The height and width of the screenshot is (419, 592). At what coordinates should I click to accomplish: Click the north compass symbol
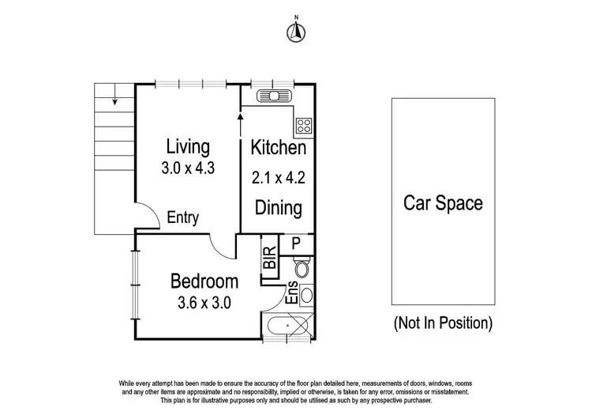[x=296, y=31]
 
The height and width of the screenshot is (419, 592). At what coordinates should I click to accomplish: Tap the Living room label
[x=188, y=147]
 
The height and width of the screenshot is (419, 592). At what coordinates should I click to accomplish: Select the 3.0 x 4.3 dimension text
[x=188, y=168]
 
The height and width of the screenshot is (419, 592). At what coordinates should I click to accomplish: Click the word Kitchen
[x=278, y=148]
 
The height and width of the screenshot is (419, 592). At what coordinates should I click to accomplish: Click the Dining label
[x=278, y=208]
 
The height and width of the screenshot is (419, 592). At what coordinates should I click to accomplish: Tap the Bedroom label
[x=204, y=281]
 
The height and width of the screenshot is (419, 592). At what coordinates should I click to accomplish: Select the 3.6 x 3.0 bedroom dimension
[x=204, y=301]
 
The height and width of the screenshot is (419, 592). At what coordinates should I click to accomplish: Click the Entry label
[x=182, y=219]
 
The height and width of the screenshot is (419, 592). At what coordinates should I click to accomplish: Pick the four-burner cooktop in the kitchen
[x=304, y=124]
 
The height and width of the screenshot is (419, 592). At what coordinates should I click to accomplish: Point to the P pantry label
[x=296, y=243]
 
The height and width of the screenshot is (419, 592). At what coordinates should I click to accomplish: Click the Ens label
[x=292, y=293]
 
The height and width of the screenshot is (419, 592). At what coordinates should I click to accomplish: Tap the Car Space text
[x=443, y=202]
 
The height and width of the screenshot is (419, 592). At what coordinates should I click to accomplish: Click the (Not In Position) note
[x=443, y=323]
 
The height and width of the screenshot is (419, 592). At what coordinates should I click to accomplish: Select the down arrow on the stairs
[x=114, y=99]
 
